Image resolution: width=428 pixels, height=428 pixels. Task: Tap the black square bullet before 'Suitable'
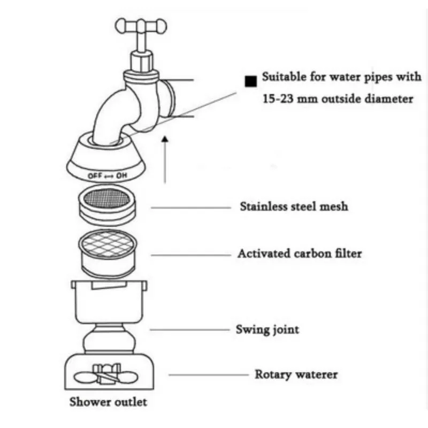pos(250,81)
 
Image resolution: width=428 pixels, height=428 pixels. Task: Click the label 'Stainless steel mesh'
pos(293,206)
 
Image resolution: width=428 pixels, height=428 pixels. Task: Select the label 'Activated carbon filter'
pos(299,253)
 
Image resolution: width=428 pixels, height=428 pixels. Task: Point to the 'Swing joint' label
pos(267,329)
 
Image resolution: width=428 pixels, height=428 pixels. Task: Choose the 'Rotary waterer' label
pos(296,374)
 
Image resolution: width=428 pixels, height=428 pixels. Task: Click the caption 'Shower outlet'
pos(108,402)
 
